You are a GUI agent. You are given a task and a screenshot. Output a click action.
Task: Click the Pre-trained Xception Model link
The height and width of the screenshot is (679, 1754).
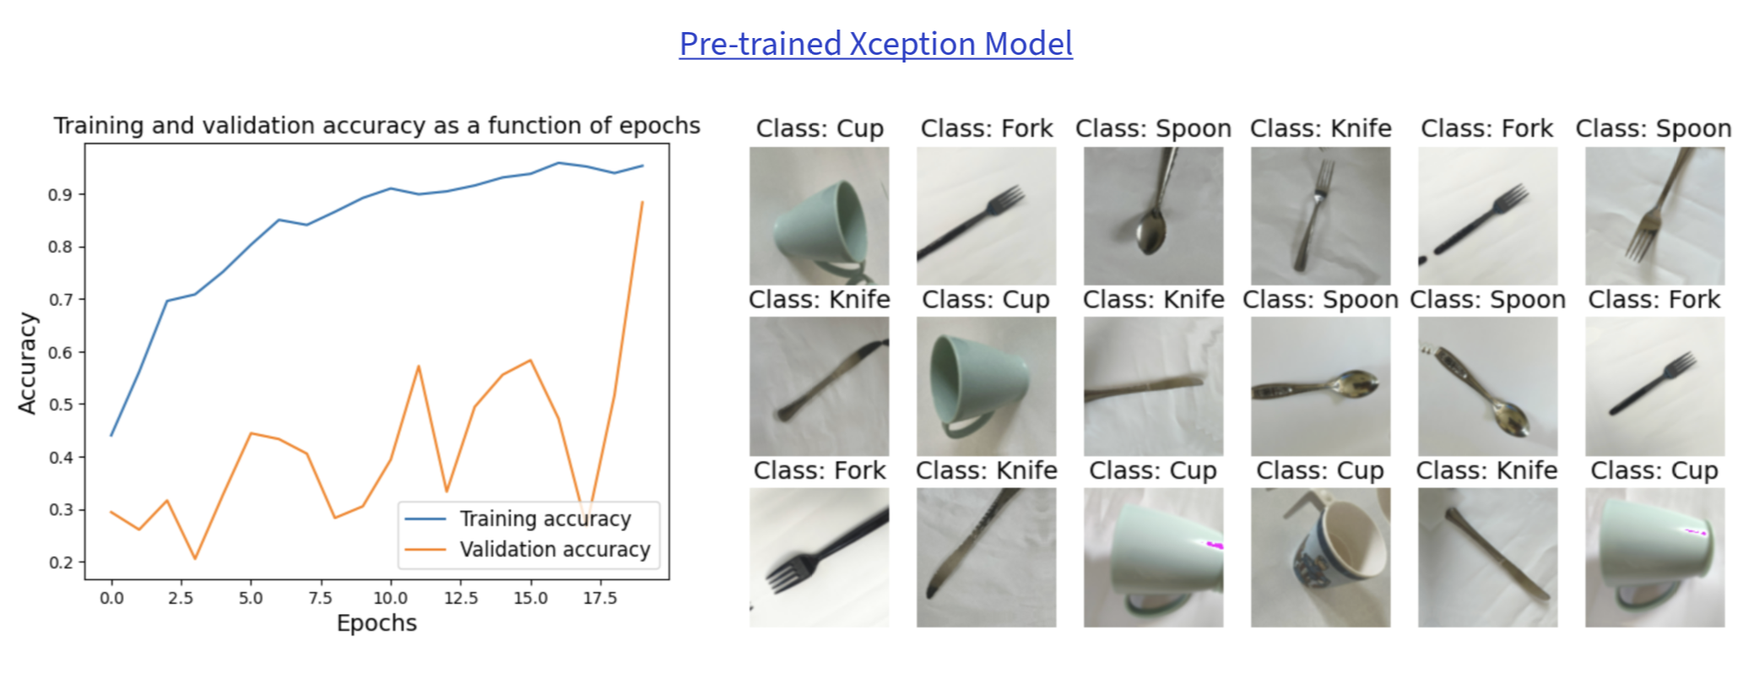point(876,44)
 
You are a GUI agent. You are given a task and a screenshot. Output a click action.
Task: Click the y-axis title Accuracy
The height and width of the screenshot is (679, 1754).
point(28,363)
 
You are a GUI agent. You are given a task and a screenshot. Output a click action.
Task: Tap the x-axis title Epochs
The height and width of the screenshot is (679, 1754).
point(376,623)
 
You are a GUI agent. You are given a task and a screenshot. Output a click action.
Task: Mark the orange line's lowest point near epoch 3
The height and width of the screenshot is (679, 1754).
point(195,558)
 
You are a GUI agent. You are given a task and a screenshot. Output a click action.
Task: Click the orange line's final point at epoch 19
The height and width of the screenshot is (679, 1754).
point(642,203)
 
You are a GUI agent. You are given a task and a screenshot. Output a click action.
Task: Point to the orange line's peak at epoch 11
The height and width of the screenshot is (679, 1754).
point(419,367)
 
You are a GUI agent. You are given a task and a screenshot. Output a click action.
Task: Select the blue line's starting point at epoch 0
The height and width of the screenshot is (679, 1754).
point(111,436)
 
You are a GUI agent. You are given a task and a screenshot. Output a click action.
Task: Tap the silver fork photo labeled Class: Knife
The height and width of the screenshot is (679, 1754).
point(1320,216)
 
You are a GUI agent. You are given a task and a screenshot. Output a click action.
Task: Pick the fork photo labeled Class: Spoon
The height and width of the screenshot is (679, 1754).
point(1654,216)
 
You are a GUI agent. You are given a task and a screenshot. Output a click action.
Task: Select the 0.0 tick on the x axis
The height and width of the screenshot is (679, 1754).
point(111,598)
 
